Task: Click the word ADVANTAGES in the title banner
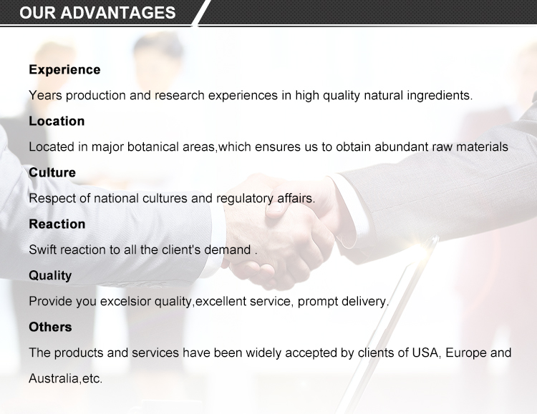[118, 13]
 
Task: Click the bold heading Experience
[64, 70]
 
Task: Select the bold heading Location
[57, 121]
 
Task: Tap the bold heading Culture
[52, 172]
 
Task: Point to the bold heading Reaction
[57, 224]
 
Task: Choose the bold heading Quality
[50, 276]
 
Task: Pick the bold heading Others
[50, 327]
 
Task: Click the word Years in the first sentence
[45, 96]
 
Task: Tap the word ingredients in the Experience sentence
[440, 96]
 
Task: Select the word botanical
[153, 147]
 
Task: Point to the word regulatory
[245, 199]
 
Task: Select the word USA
[425, 353]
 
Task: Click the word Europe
[466, 353]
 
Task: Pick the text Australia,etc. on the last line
[66, 379]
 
